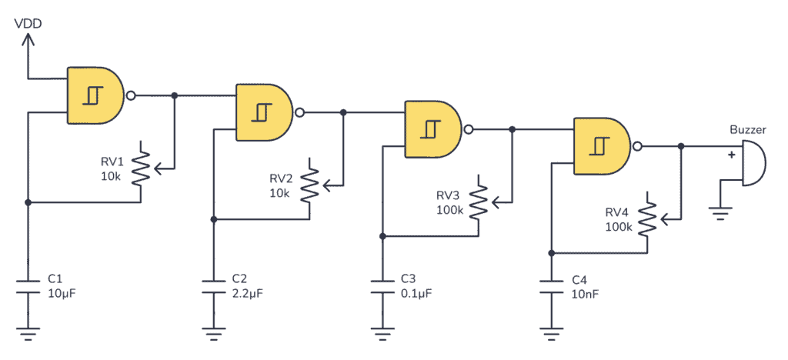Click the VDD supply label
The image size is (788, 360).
point(28,24)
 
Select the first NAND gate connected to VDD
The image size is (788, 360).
point(96,95)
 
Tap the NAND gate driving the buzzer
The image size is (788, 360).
point(603,145)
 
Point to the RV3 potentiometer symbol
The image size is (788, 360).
point(478,202)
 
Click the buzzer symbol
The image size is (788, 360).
point(752,164)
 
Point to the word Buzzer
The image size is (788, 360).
point(746,131)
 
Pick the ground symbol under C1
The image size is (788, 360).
point(28,333)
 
